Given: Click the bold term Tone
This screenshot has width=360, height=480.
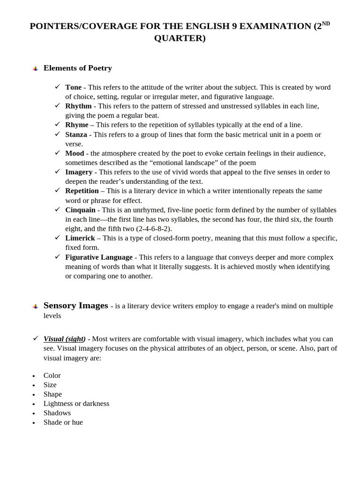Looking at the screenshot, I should (x=73, y=87).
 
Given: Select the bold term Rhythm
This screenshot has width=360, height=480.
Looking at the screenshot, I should (x=78, y=106).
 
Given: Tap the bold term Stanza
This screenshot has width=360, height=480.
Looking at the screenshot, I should (x=76, y=135).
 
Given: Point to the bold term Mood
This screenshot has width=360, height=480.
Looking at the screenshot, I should (x=75, y=153).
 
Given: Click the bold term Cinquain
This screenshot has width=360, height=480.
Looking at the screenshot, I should (x=80, y=210).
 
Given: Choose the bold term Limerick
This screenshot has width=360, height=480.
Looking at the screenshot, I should (x=80, y=238).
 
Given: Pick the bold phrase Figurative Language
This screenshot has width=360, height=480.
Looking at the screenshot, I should (x=99, y=257).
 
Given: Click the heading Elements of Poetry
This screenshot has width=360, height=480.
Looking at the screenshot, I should (x=78, y=68).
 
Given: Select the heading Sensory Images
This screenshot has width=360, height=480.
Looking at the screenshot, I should (x=76, y=306).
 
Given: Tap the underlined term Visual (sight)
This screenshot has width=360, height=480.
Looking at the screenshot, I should (x=65, y=339).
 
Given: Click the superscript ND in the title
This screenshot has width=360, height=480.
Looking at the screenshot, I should (x=326, y=23).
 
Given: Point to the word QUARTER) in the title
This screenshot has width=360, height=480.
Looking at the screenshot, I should (x=180, y=38).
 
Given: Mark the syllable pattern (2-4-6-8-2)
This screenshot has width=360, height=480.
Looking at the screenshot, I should (x=154, y=229).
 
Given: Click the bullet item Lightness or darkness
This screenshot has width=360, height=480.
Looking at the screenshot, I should (x=76, y=404).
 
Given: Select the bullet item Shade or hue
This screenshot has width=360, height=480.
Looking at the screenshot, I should (x=63, y=422).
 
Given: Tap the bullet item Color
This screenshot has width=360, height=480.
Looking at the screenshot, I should (x=52, y=375).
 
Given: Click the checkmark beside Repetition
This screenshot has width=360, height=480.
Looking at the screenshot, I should (x=58, y=190).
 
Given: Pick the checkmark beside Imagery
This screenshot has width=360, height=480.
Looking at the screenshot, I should (x=58, y=171).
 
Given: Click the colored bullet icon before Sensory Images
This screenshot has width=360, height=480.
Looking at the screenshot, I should (x=35, y=307).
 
